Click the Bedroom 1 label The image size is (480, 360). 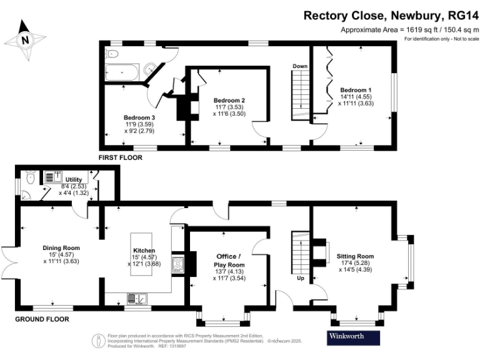[x=356, y=89]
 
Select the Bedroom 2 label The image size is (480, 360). [x=229, y=101]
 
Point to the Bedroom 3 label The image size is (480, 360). [x=139, y=117]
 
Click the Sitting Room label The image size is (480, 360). [x=355, y=256]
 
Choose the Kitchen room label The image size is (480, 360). [x=144, y=251]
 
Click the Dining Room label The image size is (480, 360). [x=61, y=247]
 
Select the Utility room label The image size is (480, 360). [x=74, y=179]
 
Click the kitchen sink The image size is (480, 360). [x=135, y=298]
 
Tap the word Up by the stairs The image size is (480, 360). [x=300, y=279]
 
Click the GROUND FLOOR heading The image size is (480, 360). [x=42, y=319]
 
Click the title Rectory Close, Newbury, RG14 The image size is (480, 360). [x=391, y=15]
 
